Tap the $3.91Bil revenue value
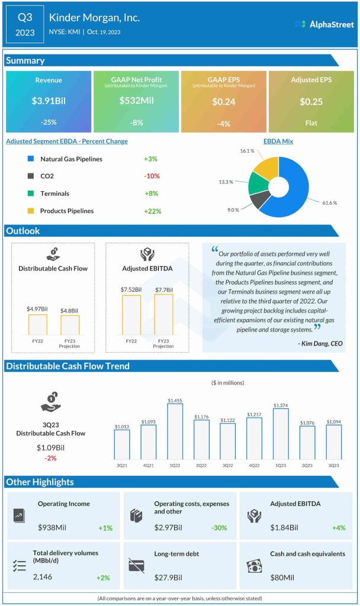pos(48,101)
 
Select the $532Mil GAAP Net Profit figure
pos(136,101)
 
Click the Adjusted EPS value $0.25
pos(311,101)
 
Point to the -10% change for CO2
pos(152,176)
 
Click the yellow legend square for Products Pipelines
pos(30,211)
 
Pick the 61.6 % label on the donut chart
pos(330,203)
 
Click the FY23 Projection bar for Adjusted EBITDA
pos(163,315)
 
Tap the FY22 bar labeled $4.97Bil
pos(38,324)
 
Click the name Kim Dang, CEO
pos(320,343)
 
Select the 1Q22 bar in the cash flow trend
pos(175,431)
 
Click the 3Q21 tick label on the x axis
pos(122,465)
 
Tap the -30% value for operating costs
pos(221,527)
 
